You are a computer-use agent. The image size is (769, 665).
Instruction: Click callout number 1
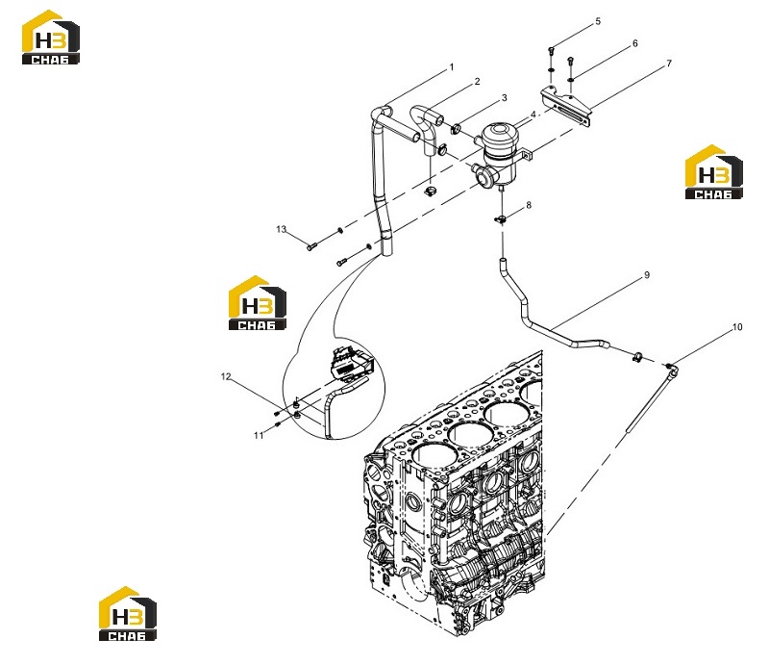[x=452, y=67]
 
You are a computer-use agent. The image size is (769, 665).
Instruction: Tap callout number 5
[x=598, y=21]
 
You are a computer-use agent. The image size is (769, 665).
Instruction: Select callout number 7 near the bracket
[x=669, y=64]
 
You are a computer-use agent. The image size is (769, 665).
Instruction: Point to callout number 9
[x=647, y=275]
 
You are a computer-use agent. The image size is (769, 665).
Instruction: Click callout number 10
[x=737, y=327]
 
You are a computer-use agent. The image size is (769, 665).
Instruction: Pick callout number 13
[x=281, y=229]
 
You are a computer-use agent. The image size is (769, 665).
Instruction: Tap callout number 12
[x=226, y=376]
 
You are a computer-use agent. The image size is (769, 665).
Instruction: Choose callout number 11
[x=259, y=435]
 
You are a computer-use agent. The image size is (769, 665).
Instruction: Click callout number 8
[x=528, y=205]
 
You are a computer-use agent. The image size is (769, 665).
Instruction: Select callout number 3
[x=504, y=98]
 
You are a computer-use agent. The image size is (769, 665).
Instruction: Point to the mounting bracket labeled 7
[x=566, y=105]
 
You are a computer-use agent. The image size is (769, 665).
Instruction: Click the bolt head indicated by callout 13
[x=311, y=246]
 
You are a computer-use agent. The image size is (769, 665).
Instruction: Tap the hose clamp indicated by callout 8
[x=501, y=218]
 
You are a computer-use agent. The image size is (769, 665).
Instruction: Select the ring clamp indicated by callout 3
[x=456, y=130]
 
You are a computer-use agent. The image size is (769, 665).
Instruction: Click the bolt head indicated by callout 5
[x=550, y=50]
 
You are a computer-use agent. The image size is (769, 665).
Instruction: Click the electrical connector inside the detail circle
[x=352, y=365]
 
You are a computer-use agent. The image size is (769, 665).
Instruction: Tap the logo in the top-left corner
[x=51, y=38]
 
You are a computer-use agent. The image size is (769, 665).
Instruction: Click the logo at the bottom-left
[x=128, y=614]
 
